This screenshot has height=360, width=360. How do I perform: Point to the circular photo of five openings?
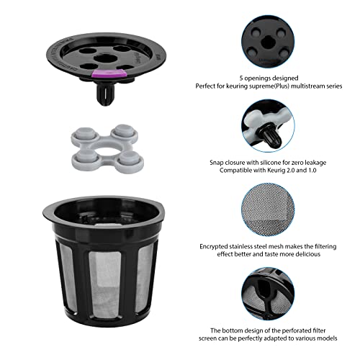tap(273, 37)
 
